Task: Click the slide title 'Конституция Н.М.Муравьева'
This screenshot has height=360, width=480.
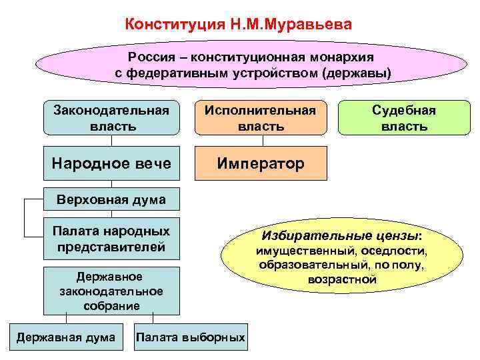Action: [x=237, y=25]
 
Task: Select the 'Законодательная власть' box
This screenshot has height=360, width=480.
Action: [x=111, y=117]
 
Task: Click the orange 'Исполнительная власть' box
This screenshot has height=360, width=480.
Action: [x=261, y=117]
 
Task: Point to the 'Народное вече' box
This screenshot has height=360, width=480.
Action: [x=111, y=163]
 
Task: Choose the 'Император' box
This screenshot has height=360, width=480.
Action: [x=261, y=163]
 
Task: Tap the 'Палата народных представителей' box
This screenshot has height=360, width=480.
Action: [x=111, y=238]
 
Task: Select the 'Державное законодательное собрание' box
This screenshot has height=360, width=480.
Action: [x=111, y=291]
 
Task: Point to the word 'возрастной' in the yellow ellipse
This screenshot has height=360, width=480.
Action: [x=343, y=279]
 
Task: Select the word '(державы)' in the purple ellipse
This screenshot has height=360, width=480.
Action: [x=357, y=71]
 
